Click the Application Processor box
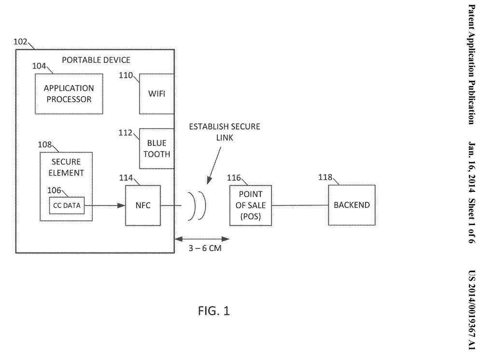coord(69,94)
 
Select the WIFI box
coord(156,94)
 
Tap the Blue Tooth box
coord(156,148)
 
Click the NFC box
coord(143,205)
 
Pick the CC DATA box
coord(67,205)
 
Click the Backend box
coord(352,205)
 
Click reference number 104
coord(40,66)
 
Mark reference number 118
coord(325,177)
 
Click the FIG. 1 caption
coord(213,311)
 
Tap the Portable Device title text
coord(97,60)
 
